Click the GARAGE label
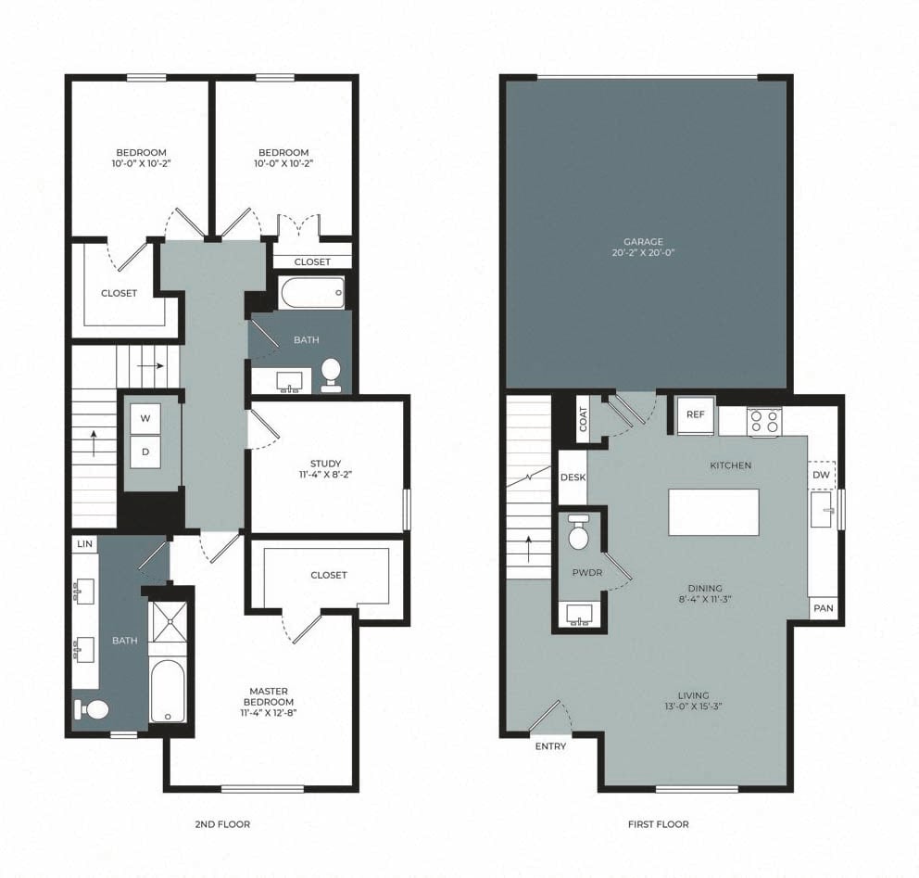(x=643, y=242)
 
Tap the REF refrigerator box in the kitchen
(x=696, y=414)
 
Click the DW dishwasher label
(x=821, y=475)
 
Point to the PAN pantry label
(x=823, y=608)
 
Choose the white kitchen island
(x=713, y=512)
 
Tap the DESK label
(x=573, y=477)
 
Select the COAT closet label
(x=583, y=420)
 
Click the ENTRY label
(x=550, y=745)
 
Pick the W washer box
(x=145, y=418)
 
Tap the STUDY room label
(x=326, y=464)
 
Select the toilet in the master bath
(x=93, y=709)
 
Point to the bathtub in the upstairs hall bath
(x=310, y=293)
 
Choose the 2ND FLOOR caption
(x=223, y=823)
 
